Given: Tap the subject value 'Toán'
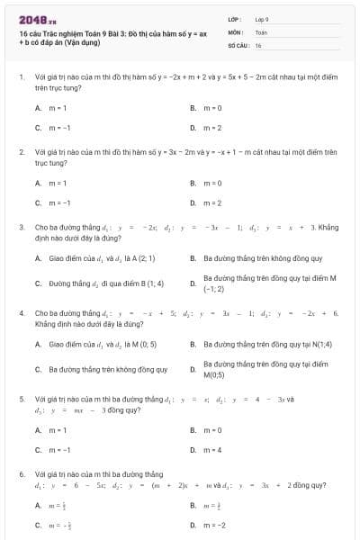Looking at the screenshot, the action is coord(261,31).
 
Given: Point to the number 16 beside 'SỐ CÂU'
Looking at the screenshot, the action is coord(258,44).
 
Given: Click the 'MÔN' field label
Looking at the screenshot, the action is coord(234,31).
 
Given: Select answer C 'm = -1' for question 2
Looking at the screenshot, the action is coord(59,203).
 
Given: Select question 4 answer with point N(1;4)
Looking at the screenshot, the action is coord(255,343).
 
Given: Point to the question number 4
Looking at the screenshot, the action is coord(22,312).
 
